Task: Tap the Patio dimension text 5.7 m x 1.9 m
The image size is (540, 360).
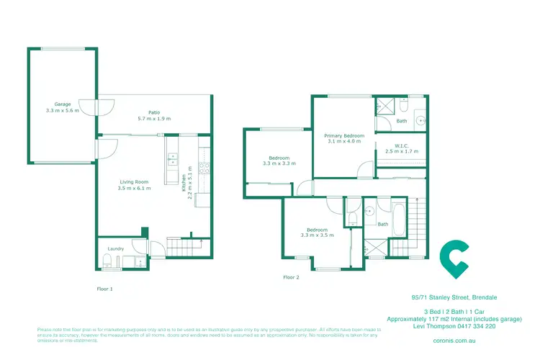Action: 154,119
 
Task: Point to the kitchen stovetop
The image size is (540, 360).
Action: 204,170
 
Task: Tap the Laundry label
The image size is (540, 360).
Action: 115,249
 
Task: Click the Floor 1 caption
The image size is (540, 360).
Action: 105,288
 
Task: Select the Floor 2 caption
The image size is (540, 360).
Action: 291,276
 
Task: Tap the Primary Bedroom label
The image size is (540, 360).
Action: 344,135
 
